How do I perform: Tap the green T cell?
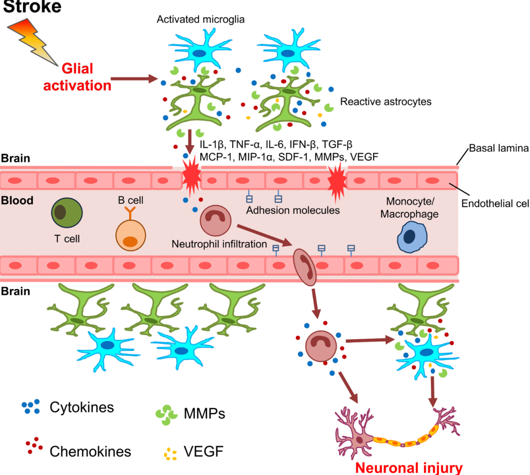click(67, 213)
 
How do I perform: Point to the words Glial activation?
click(77, 77)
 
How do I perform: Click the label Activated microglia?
click(201, 20)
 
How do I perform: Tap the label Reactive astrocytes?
click(386, 102)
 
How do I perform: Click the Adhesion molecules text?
click(293, 211)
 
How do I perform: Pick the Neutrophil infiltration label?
click(219, 243)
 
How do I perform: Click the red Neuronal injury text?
click(409, 467)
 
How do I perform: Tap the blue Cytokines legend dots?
click(31, 406)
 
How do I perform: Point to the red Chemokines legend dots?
click(34, 445)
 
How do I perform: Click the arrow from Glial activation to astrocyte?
click(133, 78)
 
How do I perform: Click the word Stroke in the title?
click(32, 6)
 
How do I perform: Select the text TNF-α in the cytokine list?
click(244, 145)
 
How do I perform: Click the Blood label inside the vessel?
click(17, 200)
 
